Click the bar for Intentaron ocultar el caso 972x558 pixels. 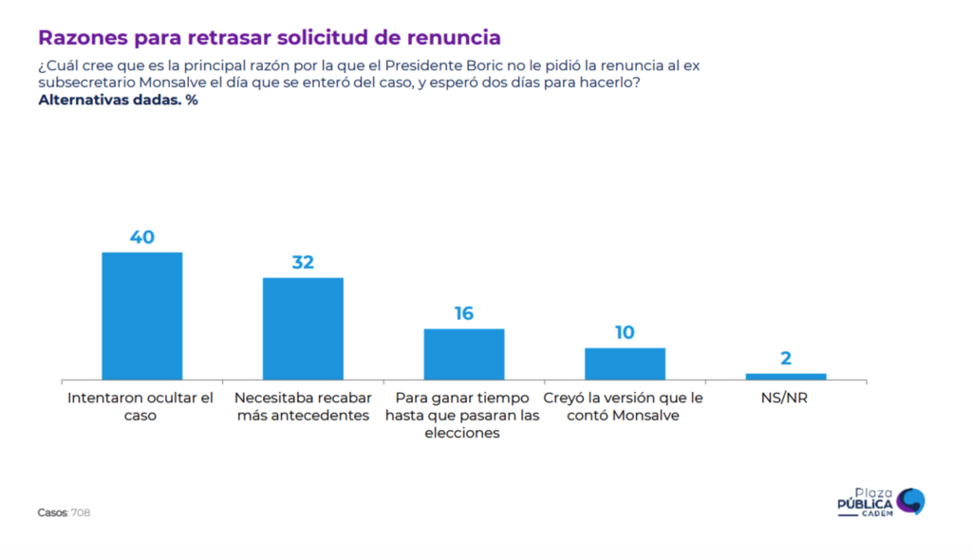142,316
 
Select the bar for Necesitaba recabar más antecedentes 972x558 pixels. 303,328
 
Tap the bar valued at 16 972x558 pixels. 464,354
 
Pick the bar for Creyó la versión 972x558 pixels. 625,364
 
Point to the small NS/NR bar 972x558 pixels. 786,377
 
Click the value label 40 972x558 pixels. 142,237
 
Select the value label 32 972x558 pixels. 303,262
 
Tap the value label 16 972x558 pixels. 464,313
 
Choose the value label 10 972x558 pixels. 625,332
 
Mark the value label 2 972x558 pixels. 786,359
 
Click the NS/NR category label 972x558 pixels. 784,398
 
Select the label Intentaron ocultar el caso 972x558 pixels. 140,407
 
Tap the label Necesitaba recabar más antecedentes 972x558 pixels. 303,407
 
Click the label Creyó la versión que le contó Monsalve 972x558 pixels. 623,407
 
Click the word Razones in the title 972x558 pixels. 84,37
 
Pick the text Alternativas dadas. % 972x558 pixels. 118,101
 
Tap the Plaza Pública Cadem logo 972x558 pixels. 881,502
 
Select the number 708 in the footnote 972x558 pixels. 81,512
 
